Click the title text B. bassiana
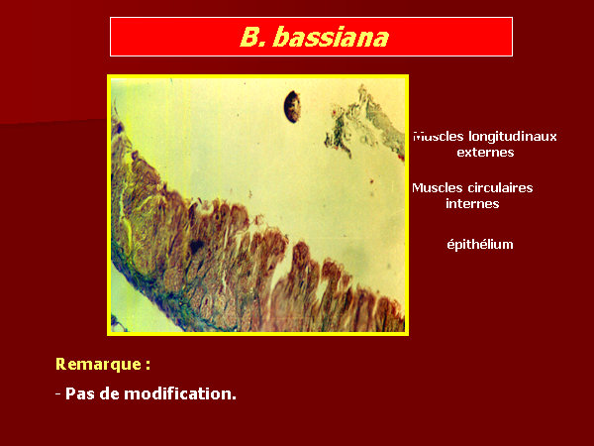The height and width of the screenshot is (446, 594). pyautogui.click(x=315, y=38)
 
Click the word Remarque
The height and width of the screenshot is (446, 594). pyautogui.click(x=98, y=364)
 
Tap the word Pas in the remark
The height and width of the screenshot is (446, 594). pyautogui.click(x=80, y=393)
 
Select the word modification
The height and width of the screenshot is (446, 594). pyautogui.click(x=180, y=393)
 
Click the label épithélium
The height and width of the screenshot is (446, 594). pyautogui.click(x=480, y=244)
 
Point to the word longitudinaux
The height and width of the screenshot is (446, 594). pyautogui.click(x=513, y=137)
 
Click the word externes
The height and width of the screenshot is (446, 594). pyautogui.click(x=485, y=153)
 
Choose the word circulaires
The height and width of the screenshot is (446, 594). pyautogui.click(x=500, y=187)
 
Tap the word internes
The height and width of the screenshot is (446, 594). pyautogui.click(x=472, y=203)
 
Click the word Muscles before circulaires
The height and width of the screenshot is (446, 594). pyautogui.click(x=438, y=187)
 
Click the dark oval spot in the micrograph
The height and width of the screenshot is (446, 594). pyautogui.click(x=292, y=107)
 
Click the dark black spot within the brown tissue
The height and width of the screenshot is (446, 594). pyautogui.click(x=197, y=247)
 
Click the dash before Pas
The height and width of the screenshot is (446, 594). pyautogui.click(x=58, y=394)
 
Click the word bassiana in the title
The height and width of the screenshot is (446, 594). pyautogui.click(x=331, y=38)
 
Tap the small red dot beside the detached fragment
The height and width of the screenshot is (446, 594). pyautogui.click(x=335, y=112)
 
